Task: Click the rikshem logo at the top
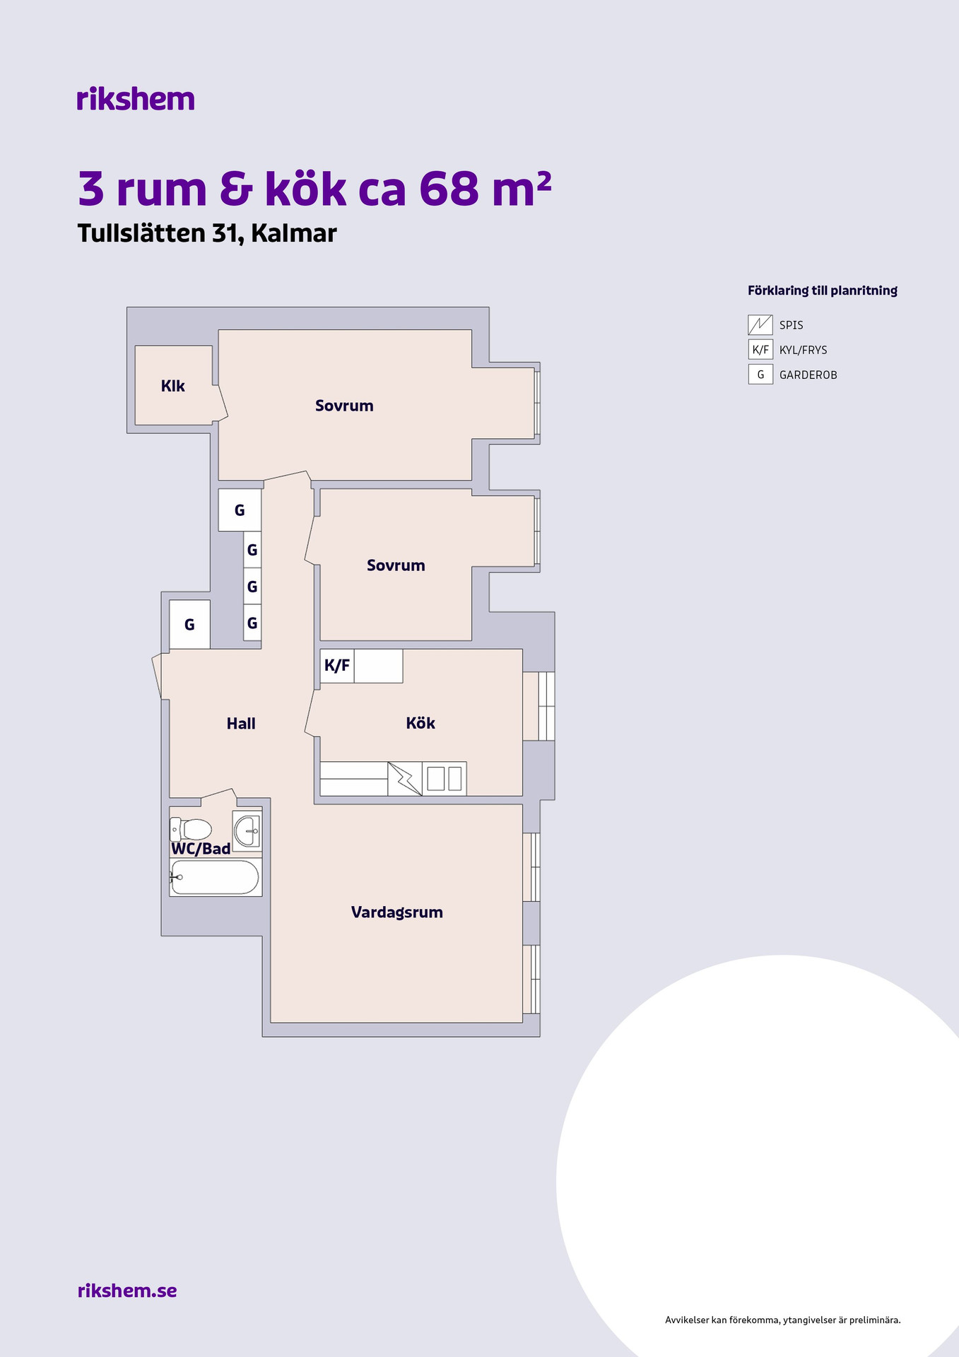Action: [x=136, y=99]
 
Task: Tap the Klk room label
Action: [x=173, y=386]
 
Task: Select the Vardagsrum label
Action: [x=397, y=912]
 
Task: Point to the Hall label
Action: [x=241, y=723]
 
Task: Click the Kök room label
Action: [x=420, y=722]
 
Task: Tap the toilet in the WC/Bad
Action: [x=191, y=828]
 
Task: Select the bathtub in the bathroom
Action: [x=215, y=877]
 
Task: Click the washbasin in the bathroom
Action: [x=247, y=830]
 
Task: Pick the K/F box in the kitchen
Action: [x=337, y=666]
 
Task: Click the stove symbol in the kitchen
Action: [x=405, y=779]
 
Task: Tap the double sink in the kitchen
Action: [x=445, y=779]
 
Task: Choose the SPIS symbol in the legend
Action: [x=760, y=325]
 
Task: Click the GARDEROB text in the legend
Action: [x=808, y=375]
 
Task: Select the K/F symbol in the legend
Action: [x=760, y=350]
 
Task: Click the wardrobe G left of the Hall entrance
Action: [x=189, y=624]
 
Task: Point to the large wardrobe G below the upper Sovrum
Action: [x=240, y=510]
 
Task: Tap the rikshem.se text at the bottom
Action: [x=127, y=1291]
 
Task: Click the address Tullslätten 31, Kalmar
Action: [x=207, y=233]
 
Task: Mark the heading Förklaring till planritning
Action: [x=823, y=290]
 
